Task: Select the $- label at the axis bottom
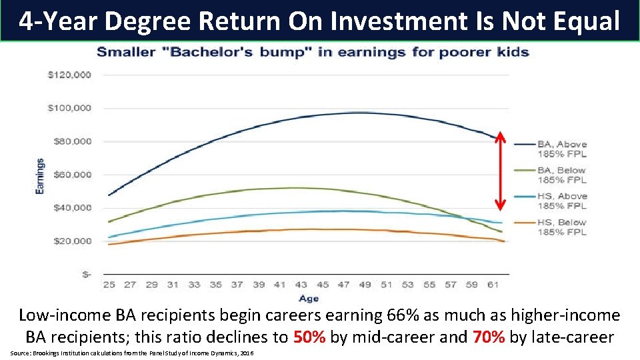point(86,274)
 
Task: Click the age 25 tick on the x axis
point(109,285)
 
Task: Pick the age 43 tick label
point(301,285)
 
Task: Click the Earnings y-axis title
point(40,176)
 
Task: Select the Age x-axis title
point(309,299)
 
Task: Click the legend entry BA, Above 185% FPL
point(561,148)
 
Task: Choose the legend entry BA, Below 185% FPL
point(561,175)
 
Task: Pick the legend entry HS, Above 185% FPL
point(561,201)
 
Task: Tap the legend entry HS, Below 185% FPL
point(561,227)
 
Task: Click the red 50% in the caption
point(309,337)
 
